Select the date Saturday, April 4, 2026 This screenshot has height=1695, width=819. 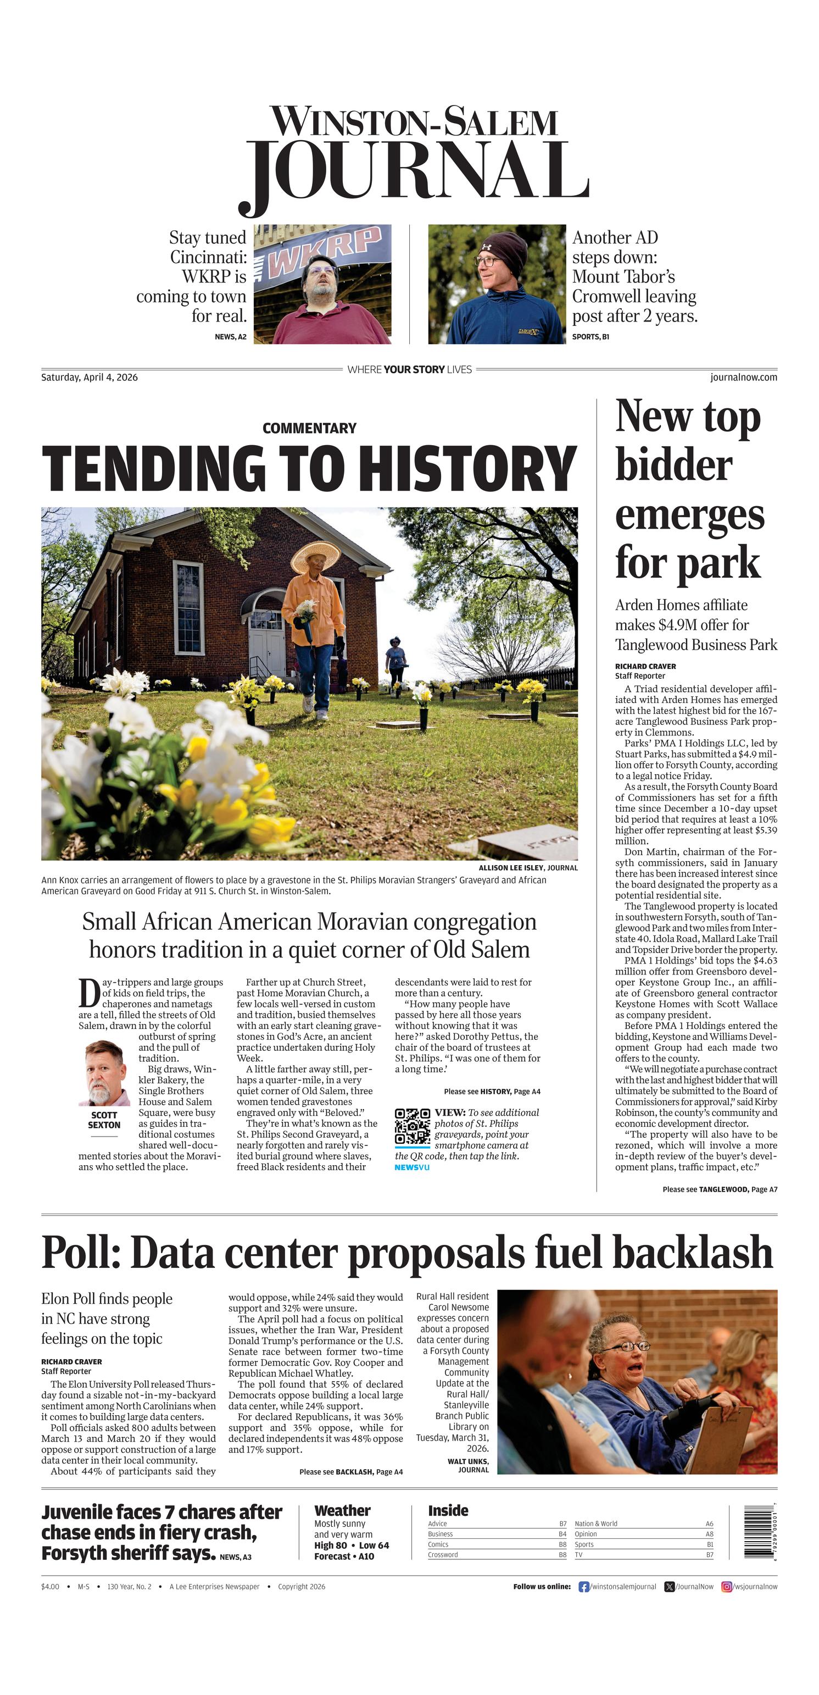coord(90,377)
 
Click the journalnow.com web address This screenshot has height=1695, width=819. coord(743,377)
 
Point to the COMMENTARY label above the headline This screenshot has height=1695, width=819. coord(309,428)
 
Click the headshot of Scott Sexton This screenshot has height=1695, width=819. coord(104,1074)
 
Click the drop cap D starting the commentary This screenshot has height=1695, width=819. coord(89,993)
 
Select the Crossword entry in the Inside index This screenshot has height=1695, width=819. coord(443,1555)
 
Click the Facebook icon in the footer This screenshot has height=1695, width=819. coord(583,1586)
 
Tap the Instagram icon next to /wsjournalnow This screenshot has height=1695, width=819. coord(727,1586)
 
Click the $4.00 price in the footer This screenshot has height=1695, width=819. coord(50,1586)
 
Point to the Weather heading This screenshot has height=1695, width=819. coord(342,1511)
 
